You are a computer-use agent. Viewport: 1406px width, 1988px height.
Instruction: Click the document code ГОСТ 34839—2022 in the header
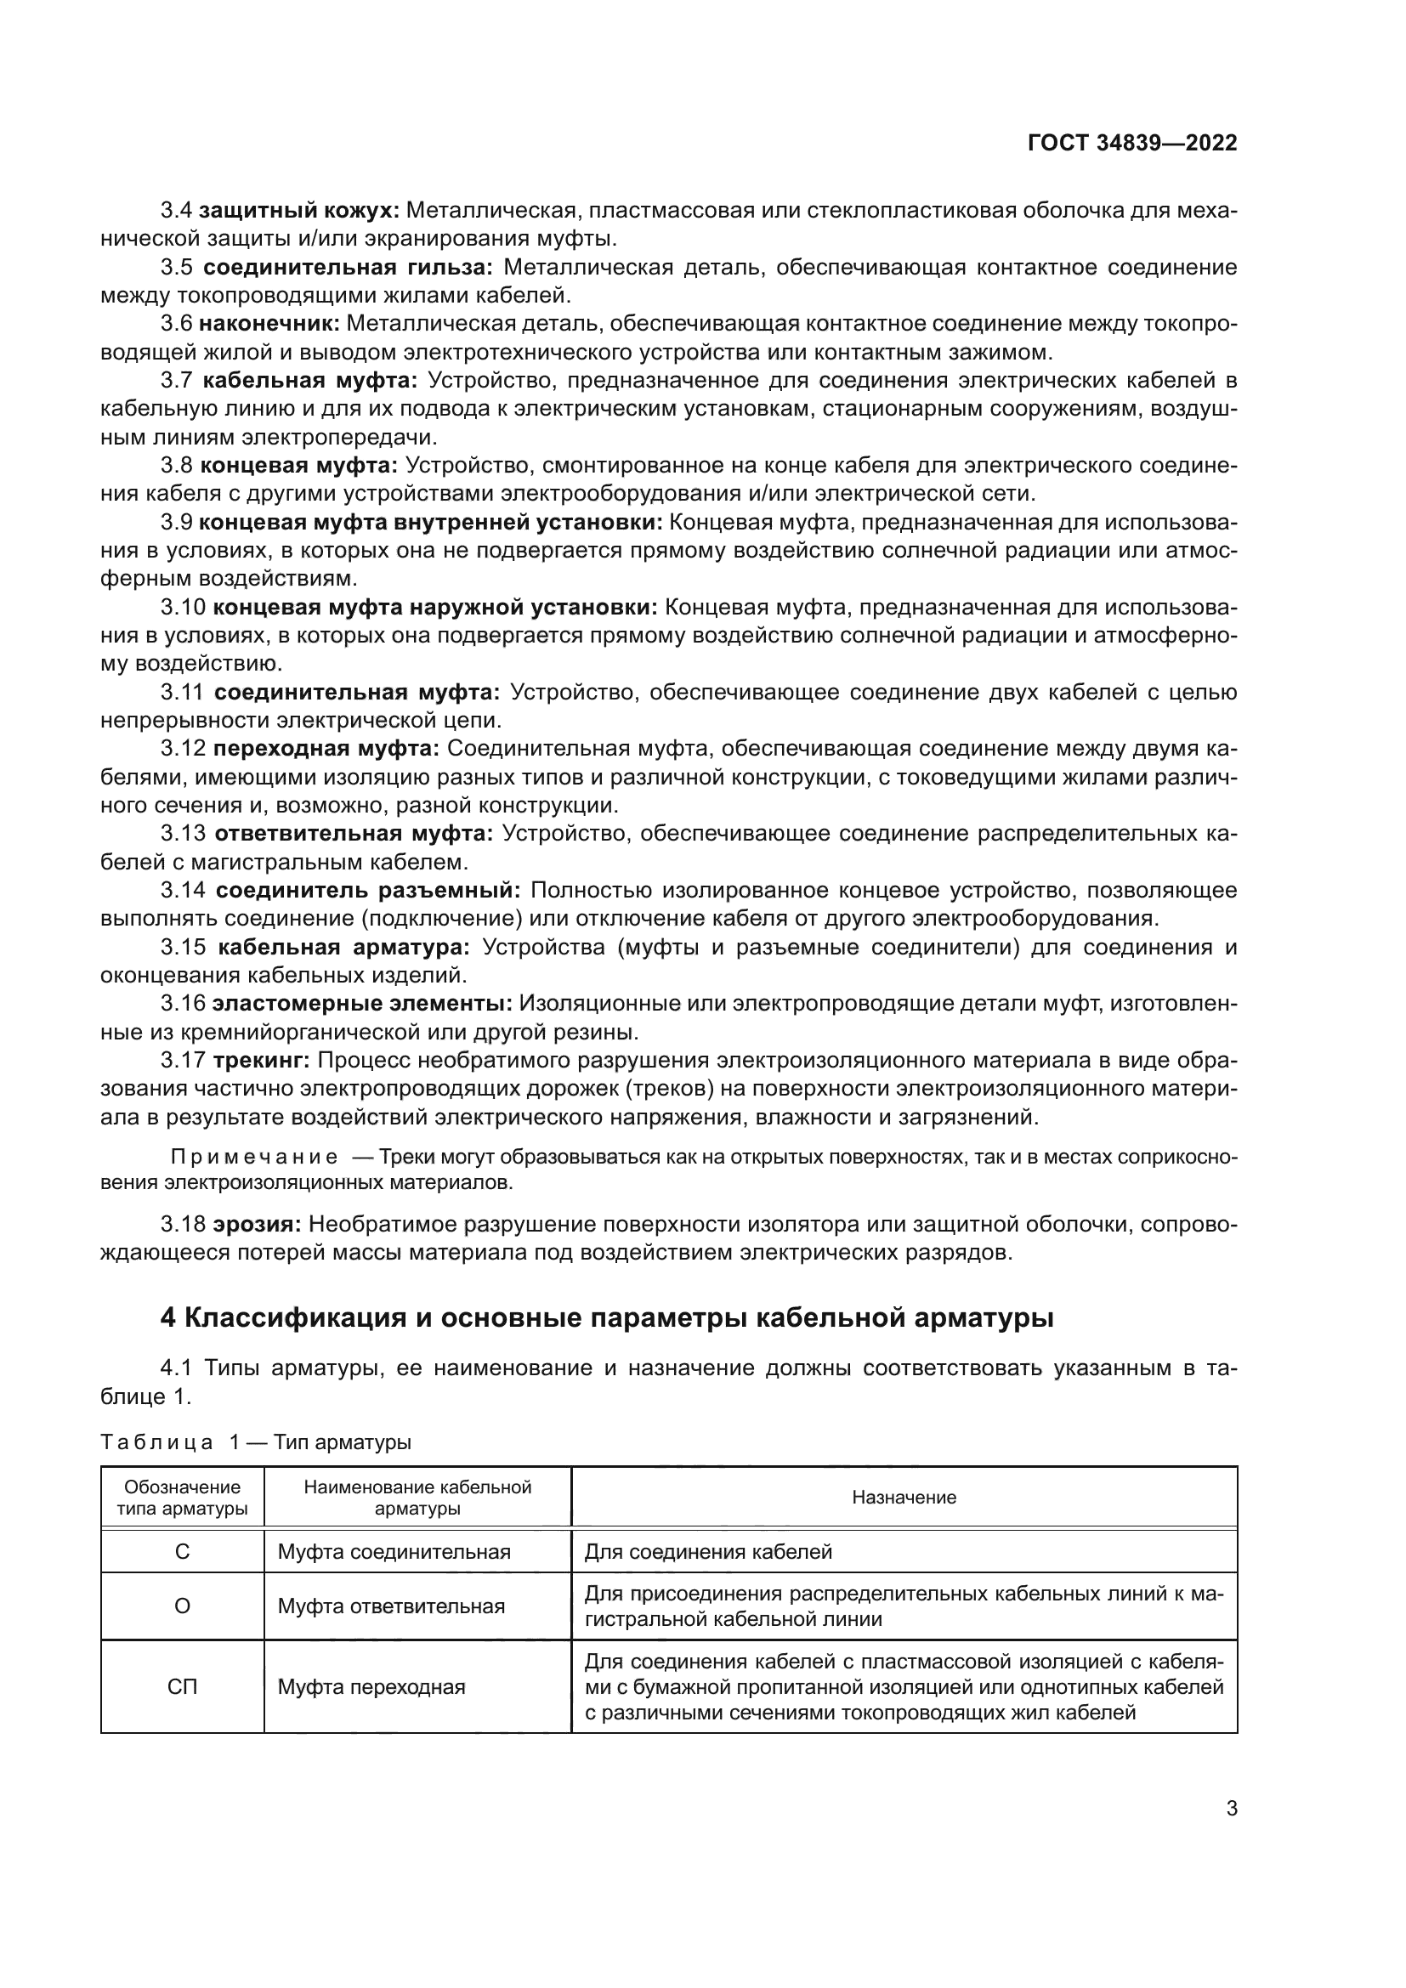[x=1131, y=143]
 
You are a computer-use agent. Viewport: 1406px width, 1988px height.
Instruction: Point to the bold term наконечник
[x=271, y=324]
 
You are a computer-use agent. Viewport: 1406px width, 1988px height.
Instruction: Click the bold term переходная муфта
[x=326, y=748]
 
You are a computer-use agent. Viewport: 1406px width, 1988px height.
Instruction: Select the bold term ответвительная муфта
[x=354, y=833]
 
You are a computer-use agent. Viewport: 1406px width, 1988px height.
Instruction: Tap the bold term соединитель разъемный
[x=368, y=890]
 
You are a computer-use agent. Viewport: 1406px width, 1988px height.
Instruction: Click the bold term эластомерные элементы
[x=362, y=1004]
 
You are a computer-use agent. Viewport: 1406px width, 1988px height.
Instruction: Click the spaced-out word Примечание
[x=253, y=1158]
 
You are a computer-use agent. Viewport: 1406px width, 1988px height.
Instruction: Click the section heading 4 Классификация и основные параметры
[x=607, y=1317]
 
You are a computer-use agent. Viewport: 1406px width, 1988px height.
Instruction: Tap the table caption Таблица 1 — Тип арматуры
[x=255, y=1442]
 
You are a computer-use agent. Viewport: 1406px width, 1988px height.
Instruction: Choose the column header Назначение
[x=904, y=1497]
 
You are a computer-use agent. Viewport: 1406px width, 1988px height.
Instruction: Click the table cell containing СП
[x=182, y=1686]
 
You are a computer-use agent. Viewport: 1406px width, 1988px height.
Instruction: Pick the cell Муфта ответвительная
[x=390, y=1606]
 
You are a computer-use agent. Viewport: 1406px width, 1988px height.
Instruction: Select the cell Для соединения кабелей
[x=707, y=1552]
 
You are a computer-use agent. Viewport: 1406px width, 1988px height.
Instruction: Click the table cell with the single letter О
[x=182, y=1606]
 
